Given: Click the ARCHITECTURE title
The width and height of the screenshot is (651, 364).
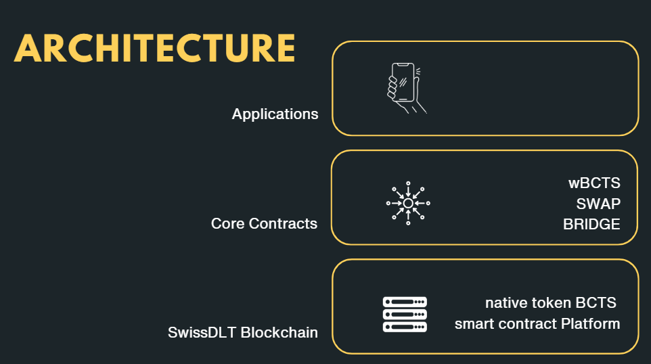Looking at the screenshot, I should (x=154, y=48).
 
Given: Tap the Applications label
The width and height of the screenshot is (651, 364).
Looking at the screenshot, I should (x=275, y=114).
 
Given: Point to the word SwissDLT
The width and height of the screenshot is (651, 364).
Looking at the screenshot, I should (x=201, y=333).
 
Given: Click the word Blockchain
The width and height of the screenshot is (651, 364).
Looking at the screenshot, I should (x=279, y=333).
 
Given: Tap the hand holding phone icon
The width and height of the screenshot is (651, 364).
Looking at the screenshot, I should (x=405, y=88).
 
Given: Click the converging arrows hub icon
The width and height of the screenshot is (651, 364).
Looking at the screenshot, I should (x=408, y=202).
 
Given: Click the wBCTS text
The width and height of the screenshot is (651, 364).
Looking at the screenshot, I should (x=594, y=183).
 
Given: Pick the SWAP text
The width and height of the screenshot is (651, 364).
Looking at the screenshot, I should (x=598, y=204).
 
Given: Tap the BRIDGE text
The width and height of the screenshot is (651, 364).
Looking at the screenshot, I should (x=591, y=224).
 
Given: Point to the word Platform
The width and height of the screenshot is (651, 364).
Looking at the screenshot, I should (x=590, y=323).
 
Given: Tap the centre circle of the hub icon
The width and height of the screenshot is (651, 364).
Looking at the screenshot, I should (x=408, y=202).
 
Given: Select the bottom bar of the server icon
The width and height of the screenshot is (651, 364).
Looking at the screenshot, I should (x=405, y=327).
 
